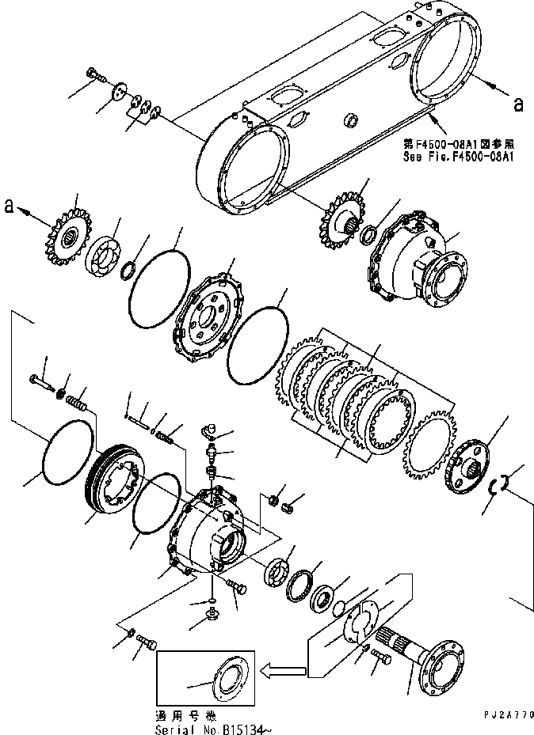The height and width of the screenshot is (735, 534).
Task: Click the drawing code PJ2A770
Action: tap(503, 714)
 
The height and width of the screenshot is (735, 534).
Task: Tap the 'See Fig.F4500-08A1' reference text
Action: tap(460, 156)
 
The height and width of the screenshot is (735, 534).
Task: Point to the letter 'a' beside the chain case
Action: tap(518, 102)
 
